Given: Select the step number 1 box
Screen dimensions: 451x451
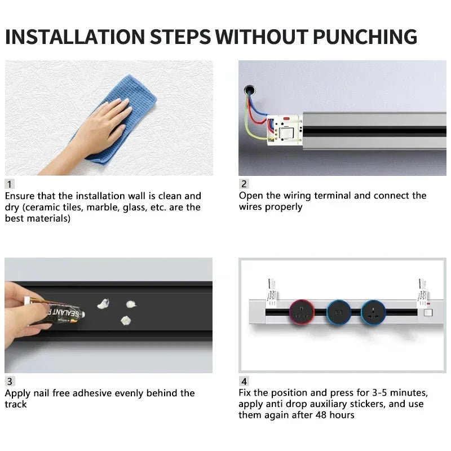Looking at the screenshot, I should (x=10, y=184).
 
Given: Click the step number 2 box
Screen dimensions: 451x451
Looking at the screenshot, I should (x=244, y=184).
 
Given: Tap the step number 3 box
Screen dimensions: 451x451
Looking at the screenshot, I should (x=10, y=381).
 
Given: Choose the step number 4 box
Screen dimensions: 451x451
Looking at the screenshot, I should (x=244, y=381).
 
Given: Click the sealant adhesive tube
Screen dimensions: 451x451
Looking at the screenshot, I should (x=59, y=313).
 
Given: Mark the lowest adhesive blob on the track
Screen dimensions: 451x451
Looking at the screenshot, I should (x=125, y=320).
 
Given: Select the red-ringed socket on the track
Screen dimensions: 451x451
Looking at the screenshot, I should (x=302, y=311).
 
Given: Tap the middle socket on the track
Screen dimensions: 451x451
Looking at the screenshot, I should (x=338, y=311).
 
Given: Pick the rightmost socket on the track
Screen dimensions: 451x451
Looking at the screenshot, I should (x=373, y=311).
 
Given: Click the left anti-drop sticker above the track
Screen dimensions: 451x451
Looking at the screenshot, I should (x=271, y=288).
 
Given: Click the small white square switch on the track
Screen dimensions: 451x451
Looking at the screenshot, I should (x=427, y=311).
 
